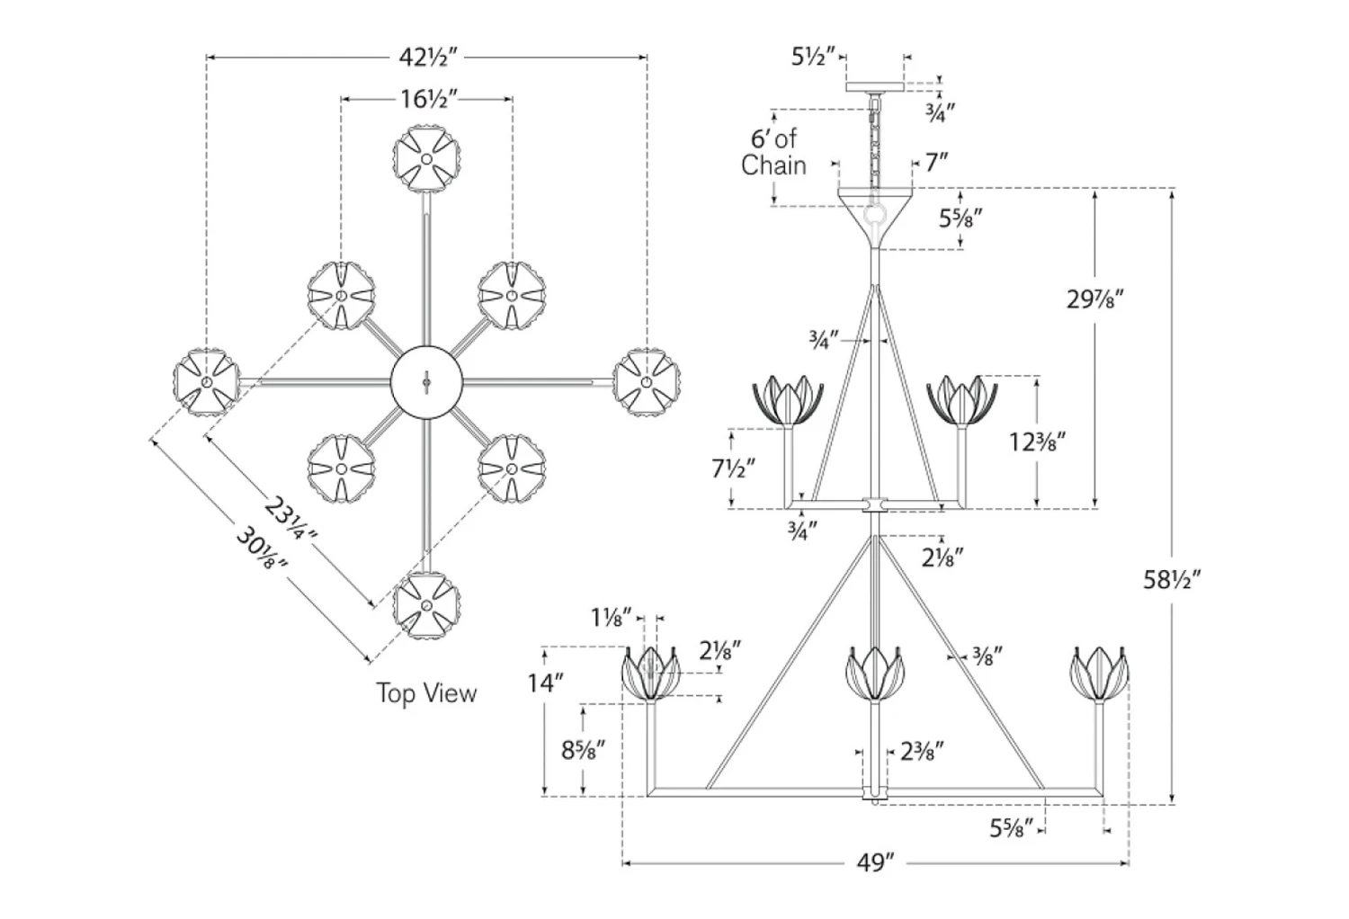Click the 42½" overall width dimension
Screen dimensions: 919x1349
(428, 58)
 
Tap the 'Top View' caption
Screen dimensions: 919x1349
(426, 692)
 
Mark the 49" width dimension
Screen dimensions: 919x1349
(875, 864)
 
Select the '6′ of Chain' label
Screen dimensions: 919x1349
(773, 152)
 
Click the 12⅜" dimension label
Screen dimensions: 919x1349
(1038, 442)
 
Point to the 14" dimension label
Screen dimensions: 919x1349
(545, 683)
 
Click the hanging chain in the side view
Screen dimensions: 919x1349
(873, 144)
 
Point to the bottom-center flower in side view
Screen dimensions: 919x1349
(875, 673)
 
